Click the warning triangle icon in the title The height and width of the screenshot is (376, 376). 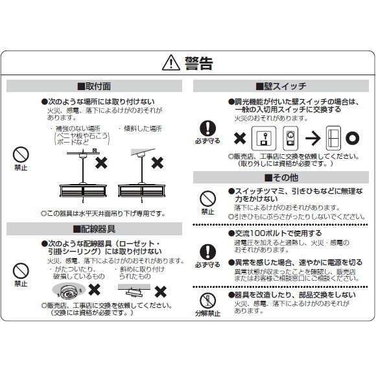(x=170, y=63)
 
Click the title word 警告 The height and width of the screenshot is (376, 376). (x=198, y=63)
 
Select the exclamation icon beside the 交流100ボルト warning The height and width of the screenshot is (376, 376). (x=207, y=251)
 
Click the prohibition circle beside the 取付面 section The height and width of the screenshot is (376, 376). (x=21, y=154)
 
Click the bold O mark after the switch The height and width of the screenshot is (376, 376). (x=351, y=138)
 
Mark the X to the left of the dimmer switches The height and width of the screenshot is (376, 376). (x=240, y=138)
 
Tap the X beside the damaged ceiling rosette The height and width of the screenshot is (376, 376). (x=94, y=288)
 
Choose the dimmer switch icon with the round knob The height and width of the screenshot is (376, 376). (x=290, y=138)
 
